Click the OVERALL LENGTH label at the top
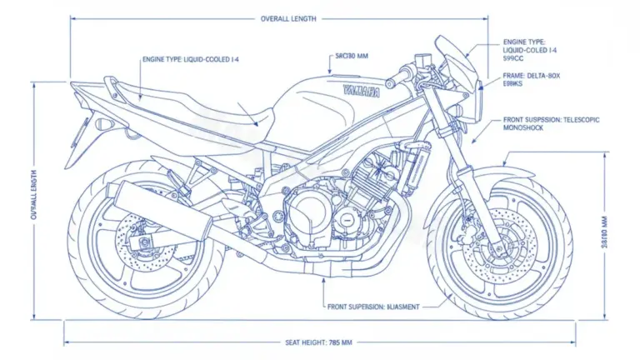[x=288, y=18]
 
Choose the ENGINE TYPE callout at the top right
[x=530, y=50]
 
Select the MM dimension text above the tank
[x=352, y=57]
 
